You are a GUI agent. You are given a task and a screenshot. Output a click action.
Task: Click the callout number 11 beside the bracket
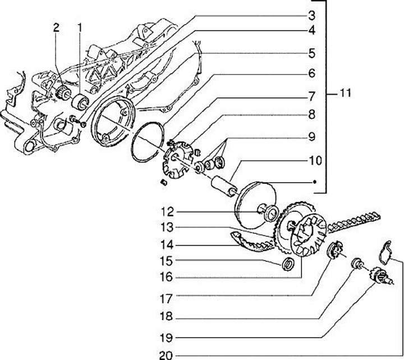point(345,93)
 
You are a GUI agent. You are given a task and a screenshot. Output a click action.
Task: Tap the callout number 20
point(166,356)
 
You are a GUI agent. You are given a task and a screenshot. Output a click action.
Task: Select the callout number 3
point(312,16)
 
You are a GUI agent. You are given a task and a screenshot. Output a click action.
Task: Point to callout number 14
point(166,245)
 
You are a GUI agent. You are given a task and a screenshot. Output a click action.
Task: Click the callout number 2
point(56,28)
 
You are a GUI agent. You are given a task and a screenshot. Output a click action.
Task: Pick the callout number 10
point(315,161)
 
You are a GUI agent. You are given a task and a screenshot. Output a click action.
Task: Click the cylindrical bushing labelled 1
point(80,102)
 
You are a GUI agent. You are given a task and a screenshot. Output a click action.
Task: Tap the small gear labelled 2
point(62,92)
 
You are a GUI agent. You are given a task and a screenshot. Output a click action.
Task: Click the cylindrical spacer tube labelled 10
point(223,186)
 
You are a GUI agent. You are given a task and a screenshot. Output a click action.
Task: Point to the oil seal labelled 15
point(288,264)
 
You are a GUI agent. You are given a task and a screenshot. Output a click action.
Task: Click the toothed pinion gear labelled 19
point(378,275)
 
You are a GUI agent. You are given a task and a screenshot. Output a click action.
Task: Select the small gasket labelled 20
point(385,253)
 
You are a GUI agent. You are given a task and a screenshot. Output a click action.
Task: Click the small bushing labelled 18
point(357,263)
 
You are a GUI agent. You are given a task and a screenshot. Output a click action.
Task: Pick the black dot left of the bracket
point(314,182)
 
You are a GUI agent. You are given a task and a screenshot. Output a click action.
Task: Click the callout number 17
point(166,299)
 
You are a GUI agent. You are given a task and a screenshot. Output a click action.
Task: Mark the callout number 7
point(312,96)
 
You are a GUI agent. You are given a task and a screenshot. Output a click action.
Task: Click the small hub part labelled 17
point(335,250)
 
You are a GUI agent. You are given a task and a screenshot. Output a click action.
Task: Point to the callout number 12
point(167,212)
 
